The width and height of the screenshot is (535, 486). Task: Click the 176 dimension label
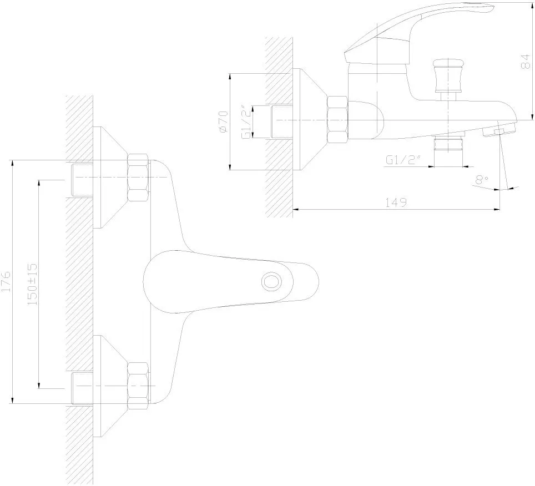(x=7, y=281)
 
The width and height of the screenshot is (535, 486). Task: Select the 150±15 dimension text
(x=33, y=284)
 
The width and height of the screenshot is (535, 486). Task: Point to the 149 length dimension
(x=396, y=202)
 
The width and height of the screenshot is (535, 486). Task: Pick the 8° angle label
(x=482, y=179)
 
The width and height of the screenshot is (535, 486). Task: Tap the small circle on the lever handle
(x=271, y=282)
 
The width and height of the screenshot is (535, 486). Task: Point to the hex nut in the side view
(x=337, y=120)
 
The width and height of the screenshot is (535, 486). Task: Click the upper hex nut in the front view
(x=138, y=178)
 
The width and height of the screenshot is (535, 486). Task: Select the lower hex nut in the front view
(x=138, y=386)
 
